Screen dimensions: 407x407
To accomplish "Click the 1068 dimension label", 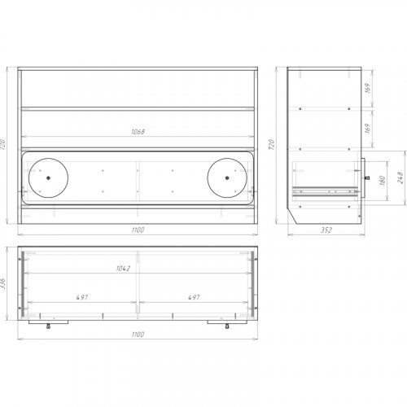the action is (138, 132).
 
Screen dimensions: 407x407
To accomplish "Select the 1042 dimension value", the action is (123, 269).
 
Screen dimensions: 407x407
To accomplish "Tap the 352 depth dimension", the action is (326, 230).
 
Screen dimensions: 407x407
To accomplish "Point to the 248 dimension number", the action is (400, 177).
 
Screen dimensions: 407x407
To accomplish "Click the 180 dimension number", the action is (383, 181).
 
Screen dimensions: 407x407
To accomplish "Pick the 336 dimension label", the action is (3, 283).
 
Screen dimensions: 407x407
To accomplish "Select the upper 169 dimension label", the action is (368, 88).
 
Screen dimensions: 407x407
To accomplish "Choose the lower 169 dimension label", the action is (368, 129).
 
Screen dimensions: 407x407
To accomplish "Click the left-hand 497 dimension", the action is (82, 297).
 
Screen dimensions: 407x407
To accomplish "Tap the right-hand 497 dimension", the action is (194, 297).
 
